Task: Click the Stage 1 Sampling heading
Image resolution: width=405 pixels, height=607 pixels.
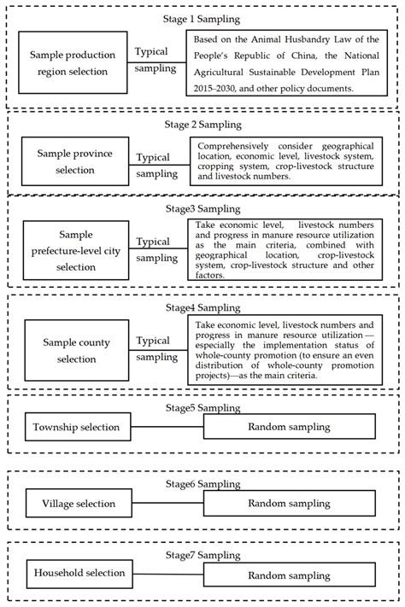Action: tap(202, 18)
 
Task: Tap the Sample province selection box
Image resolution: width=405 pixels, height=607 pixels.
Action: tap(75, 161)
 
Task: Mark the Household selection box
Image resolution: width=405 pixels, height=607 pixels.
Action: tap(79, 574)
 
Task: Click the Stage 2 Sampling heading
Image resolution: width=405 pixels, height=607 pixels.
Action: tap(202, 124)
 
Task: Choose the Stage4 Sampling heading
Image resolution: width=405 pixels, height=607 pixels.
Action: tap(202, 307)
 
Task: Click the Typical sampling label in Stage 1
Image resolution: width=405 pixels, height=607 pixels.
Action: tap(157, 61)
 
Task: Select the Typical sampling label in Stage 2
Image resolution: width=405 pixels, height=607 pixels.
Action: tap(159, 166)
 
